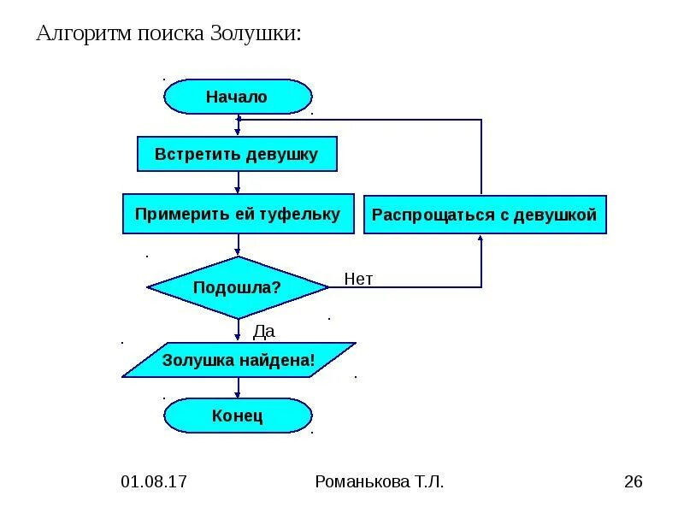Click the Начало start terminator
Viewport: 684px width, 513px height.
(237, 97)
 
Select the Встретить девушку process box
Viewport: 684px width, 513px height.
(237, 155)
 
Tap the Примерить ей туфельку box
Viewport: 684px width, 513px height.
(237, 214)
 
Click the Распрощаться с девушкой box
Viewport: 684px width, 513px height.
(485, 215)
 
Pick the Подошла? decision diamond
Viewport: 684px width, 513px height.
(237, 287)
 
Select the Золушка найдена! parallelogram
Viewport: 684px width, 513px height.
(238, 360)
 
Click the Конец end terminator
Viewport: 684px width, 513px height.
(237, 416)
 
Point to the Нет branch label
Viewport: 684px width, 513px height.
(358, 279)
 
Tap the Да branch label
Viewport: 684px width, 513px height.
(263, 331)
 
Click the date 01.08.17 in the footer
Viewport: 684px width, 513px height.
(154, 481)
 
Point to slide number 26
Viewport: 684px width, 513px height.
(633, 481)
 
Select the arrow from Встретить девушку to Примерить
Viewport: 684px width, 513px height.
(238, 182)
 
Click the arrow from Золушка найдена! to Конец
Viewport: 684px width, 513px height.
(238, 387)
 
